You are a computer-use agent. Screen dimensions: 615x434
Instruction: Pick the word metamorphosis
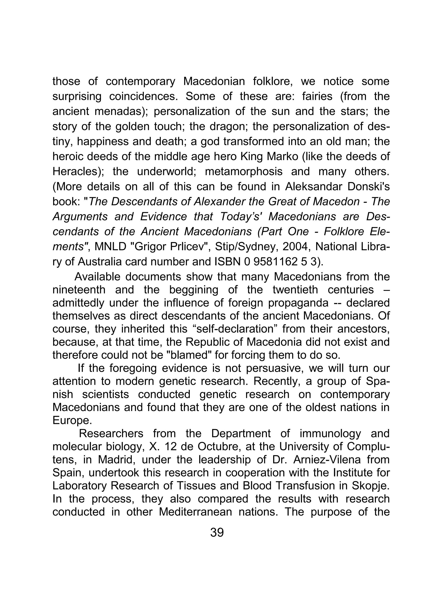tap(243, 171)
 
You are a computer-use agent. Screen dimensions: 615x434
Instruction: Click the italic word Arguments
tap(80, 217)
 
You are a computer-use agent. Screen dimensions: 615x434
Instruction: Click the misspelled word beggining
tap(194, 290)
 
